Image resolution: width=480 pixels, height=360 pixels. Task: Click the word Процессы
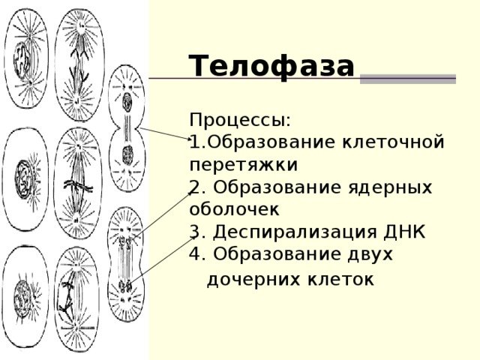pyautogui.click(x=240, y=120)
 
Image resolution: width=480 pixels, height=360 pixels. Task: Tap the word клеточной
pyautogui.click(x=393, y=142)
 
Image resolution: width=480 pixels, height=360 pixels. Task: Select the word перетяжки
pyautogui.click(x=244, y=165)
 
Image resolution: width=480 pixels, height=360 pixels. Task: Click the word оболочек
pyautogui.click(x=234, y=210)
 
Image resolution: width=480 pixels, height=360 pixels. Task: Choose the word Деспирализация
pyautogui.click(x=295, y=232)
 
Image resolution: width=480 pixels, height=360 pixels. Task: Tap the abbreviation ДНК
pyautogui.click(x=404, y=232)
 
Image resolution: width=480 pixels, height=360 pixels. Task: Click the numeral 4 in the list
pyautogui.click(x=195, y=253)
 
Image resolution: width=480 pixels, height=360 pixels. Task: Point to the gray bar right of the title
pyautogui.click(x=408, y=79)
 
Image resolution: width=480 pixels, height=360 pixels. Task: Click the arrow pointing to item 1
pyautogui.click(x=166, y=133)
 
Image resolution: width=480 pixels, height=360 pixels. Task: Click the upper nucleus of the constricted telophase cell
pyautogui.click(x=127, y=103)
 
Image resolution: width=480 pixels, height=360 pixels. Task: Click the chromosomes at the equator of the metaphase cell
pyautogui.click(x=78, y=186)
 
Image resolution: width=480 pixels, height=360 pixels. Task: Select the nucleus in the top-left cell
pyautogui.click(x=22, y=58)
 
